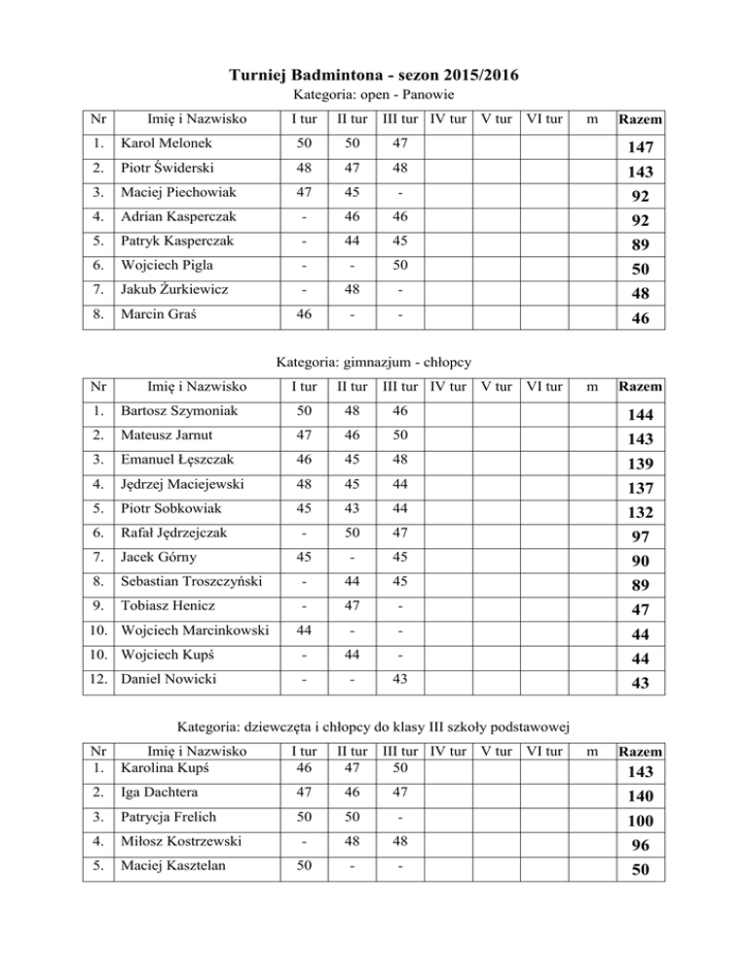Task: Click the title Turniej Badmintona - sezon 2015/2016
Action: click(x=374, y=75)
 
